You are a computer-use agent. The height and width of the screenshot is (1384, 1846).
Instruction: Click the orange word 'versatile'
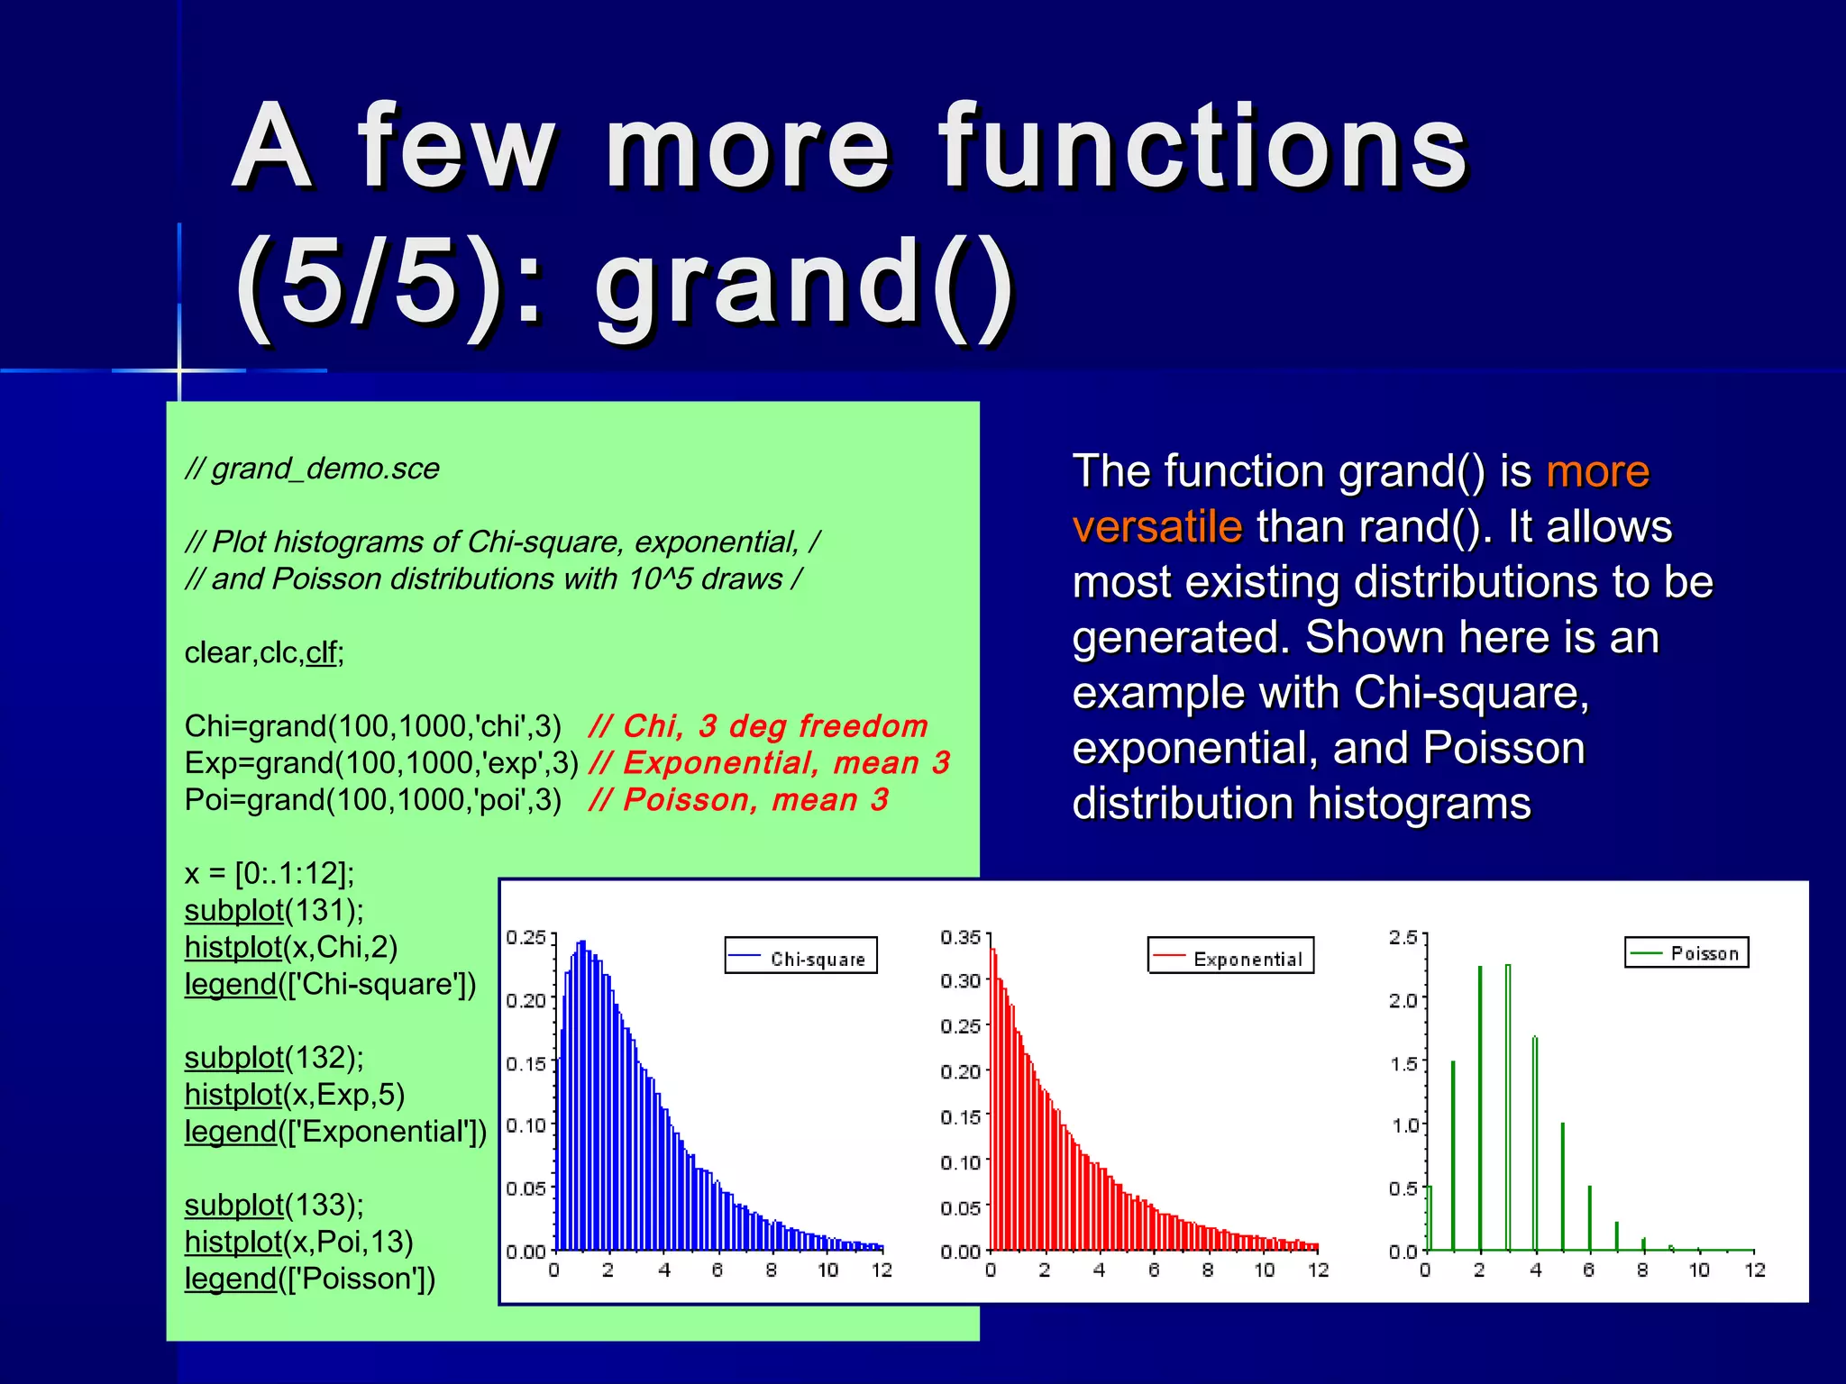[1157, 527]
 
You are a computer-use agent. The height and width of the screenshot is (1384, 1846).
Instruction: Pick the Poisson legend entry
[1686, 952]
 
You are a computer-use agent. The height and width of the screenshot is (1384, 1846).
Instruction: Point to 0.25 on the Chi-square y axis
[525, 937]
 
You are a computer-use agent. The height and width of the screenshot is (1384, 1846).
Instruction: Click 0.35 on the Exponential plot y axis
[960, 937]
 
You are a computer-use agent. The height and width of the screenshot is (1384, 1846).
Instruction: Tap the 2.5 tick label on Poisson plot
[1403, 937]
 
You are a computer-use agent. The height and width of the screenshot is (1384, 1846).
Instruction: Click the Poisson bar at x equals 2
[1480, 1108]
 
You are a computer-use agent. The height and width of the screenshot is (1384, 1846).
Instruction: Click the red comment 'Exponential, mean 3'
[769, 763]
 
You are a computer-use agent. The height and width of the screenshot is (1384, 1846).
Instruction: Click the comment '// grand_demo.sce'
[312, 469]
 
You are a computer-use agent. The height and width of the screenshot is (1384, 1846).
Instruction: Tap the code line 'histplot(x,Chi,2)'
[291, 947]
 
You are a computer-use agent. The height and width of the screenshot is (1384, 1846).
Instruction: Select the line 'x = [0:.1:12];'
[270, 873]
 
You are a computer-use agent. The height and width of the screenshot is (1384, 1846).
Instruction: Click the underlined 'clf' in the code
[321, 652]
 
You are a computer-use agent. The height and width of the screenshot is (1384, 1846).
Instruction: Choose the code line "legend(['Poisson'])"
[310, 1279]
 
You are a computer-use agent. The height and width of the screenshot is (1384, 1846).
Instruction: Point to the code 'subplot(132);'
[274, 1057]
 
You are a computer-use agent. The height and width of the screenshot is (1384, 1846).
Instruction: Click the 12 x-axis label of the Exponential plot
[1319, 1270]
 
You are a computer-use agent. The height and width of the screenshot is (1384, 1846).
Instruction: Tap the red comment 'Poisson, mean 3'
[738, 800]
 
